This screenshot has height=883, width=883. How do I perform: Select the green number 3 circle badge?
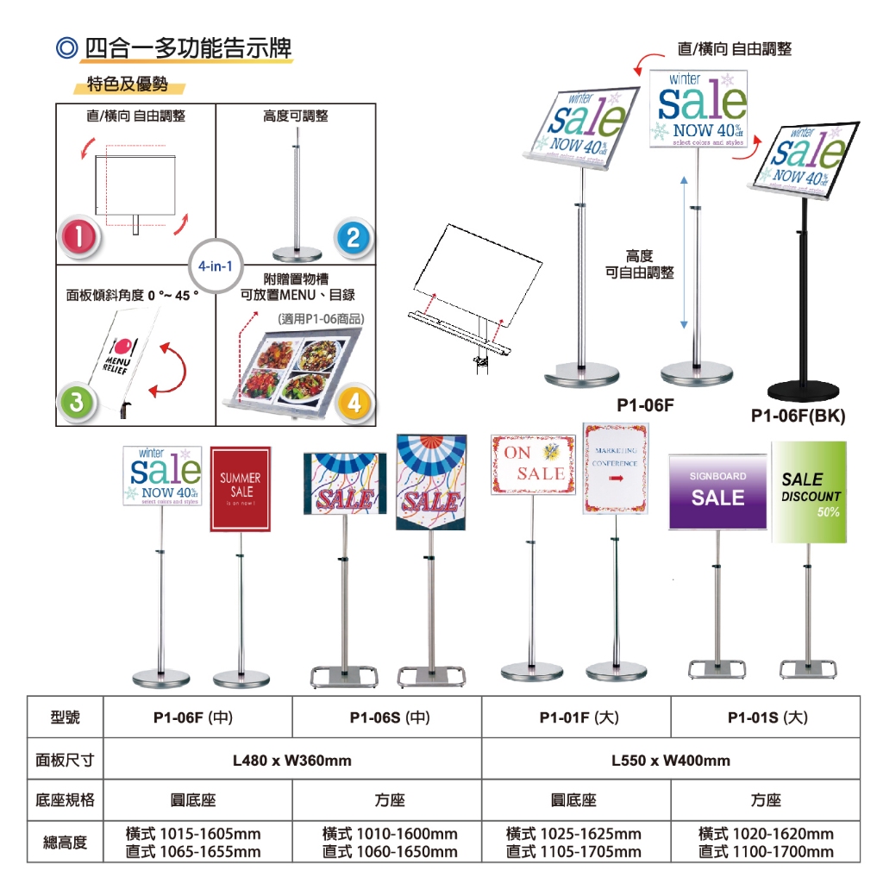(x=78, y=400)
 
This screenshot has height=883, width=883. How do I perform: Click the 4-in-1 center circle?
(x=215, y=266)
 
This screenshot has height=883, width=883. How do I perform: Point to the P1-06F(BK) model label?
(x=798, y=416)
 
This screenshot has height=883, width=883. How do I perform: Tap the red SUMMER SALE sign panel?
(x=241, y=489)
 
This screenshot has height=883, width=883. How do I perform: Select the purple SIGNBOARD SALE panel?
(x=717, y=492)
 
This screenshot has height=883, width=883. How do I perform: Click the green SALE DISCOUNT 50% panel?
(x=809, y=492)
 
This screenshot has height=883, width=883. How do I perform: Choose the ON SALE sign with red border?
(x=533, y=466)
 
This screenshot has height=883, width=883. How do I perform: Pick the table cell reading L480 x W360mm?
(x=292, y=760)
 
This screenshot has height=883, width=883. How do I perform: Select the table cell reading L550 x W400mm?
(x=670, y=760)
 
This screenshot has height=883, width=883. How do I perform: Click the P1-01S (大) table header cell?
(x=766, y=717)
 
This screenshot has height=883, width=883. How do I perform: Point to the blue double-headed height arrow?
(x=684, y=252)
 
